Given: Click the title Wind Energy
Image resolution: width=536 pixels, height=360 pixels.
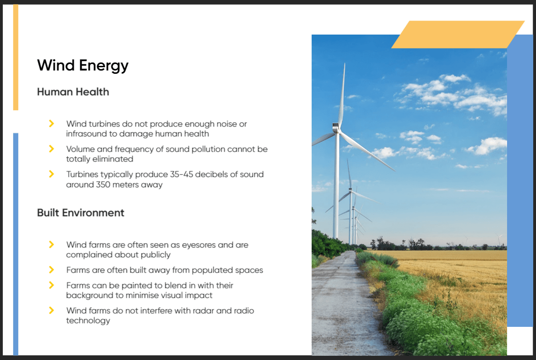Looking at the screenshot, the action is pyautogui.click(x=83, y=65).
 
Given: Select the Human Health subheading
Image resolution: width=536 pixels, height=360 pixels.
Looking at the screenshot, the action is pyautogui.click(x=73, y=92).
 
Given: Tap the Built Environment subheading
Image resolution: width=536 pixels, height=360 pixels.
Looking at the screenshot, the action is pyautogui.click(x=81, y=212).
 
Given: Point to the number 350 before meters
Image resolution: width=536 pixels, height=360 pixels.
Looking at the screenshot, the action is pyautogui.click(x=103, y=184).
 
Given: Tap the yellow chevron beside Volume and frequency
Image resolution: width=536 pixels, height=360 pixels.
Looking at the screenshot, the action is pyautogui.click(x=51, y=149).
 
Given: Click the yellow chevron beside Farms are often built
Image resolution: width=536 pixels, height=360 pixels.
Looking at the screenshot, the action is pyautogui.click(x=51, y=270).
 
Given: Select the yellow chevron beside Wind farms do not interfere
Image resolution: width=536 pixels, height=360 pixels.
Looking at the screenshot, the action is pyautogui.click(x=51, y=311).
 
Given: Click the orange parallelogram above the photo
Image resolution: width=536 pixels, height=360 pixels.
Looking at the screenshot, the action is pyautogui.click(x=458, y=34).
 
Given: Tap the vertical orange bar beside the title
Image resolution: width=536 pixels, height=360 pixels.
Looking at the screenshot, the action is pyautogui.click(x=16, y=57).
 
